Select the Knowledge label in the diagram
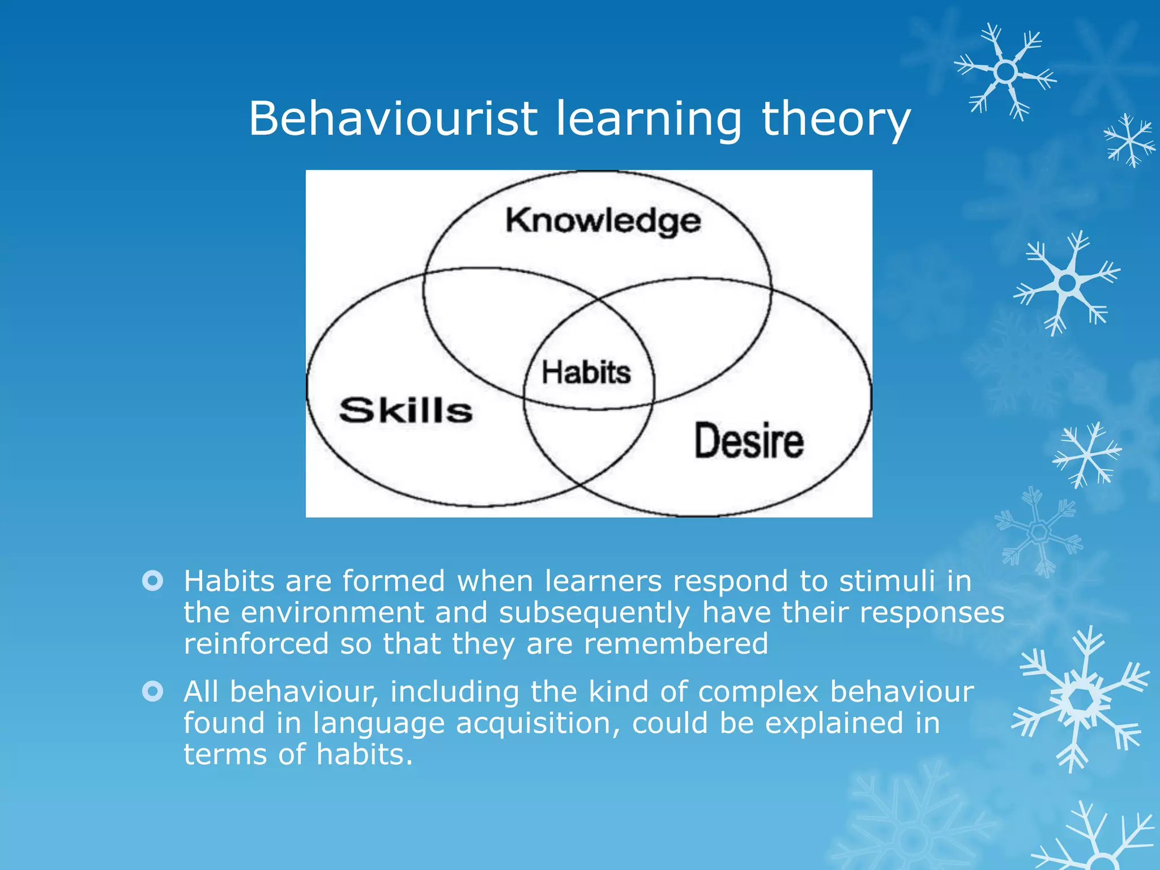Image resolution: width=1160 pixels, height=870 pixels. point(603,221)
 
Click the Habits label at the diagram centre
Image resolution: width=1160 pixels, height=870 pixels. point(586,373)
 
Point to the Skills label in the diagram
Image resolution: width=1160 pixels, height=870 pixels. point(406,410)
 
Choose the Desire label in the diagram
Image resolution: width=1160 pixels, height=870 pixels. point(749,441)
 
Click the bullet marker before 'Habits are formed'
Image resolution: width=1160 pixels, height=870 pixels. point(153,581)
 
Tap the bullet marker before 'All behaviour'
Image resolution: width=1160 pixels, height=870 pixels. point(153,692)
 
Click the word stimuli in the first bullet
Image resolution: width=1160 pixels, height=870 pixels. point(887,581)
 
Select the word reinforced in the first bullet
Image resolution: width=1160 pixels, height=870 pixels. point(256,644)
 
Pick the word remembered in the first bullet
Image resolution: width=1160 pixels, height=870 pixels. point(676,644)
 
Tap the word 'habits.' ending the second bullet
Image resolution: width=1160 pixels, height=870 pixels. point(364,754)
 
